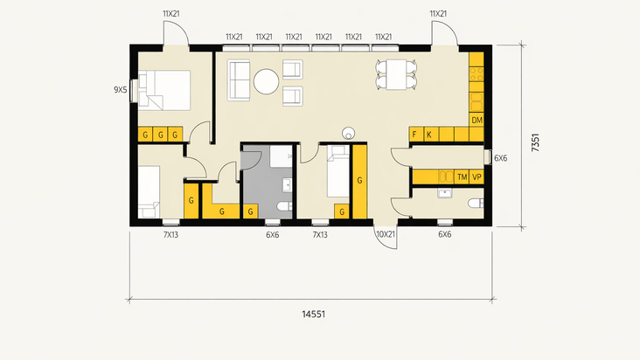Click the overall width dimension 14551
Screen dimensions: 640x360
tap(314, 314)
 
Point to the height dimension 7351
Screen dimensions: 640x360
tap(535, 142)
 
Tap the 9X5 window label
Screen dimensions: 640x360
tap(121, 90)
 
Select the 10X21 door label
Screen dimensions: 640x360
tap(386, 234)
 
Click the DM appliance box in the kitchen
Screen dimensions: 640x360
tap(477, 120)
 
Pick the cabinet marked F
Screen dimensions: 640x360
tap(416, 135)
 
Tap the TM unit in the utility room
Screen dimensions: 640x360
tap(462, 177)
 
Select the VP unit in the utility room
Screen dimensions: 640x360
tap(477, 177)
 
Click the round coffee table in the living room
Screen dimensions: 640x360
tap(266, 81)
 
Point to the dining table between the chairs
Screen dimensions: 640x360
tap(396, 74)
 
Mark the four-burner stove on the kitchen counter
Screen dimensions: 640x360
tap(477, 74)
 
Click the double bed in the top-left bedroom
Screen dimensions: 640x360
tap(164, 90)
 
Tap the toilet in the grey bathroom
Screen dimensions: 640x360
tap(285, 206)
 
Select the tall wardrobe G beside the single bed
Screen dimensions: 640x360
tap(359, 182)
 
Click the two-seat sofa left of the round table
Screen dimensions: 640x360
tap(239, 80)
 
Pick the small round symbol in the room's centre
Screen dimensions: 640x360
tap(349, 133)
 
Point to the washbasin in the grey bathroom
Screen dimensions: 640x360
tap(288, 185)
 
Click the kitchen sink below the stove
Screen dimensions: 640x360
tap(477, 102)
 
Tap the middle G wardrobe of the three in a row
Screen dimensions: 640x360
tap(160, 135)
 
